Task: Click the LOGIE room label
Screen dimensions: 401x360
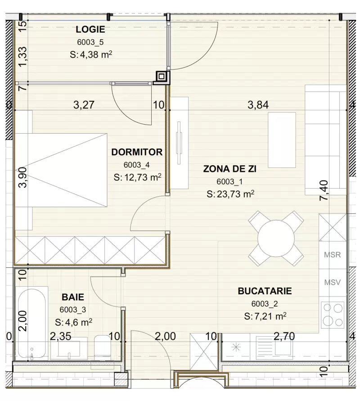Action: (x=90, y=30)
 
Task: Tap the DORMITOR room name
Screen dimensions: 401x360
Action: (x=137, y=152)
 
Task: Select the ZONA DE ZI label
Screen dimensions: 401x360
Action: (x=229, y=169)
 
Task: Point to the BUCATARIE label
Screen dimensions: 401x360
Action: (x=265, y=291)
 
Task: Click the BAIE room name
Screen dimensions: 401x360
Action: (x=72, y=297)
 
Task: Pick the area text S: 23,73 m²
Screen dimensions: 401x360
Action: (x=230, y=194)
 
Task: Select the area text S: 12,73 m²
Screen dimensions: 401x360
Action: (x=137, y=177)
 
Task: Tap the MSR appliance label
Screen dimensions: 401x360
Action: (x=333, y=255)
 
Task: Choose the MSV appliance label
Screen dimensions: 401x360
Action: (x=333, y=283)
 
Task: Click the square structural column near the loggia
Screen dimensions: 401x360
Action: (x=162, y=77)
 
